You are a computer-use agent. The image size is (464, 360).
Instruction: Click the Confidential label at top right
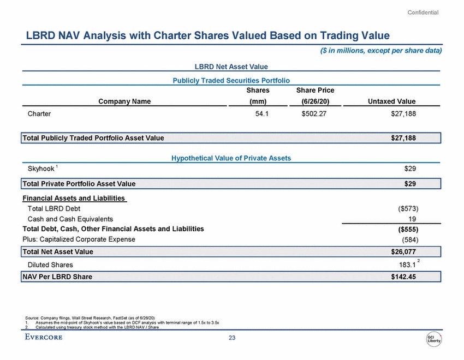[x=423, y=13]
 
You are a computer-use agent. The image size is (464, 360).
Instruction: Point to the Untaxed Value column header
[x=391, y=101]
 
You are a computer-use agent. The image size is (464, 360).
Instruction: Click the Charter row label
[x=40, y=114]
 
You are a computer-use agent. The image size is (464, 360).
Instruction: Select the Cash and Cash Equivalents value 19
[x=413, y=219]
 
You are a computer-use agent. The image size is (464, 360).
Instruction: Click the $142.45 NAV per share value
[x=403, y=277]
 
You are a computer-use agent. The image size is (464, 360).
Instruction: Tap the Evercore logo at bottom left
[x=44, y=337]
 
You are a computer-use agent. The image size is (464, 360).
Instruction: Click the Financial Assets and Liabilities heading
[x=74, y=198]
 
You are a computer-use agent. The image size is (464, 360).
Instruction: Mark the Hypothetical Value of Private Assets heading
[x=231, y=158]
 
